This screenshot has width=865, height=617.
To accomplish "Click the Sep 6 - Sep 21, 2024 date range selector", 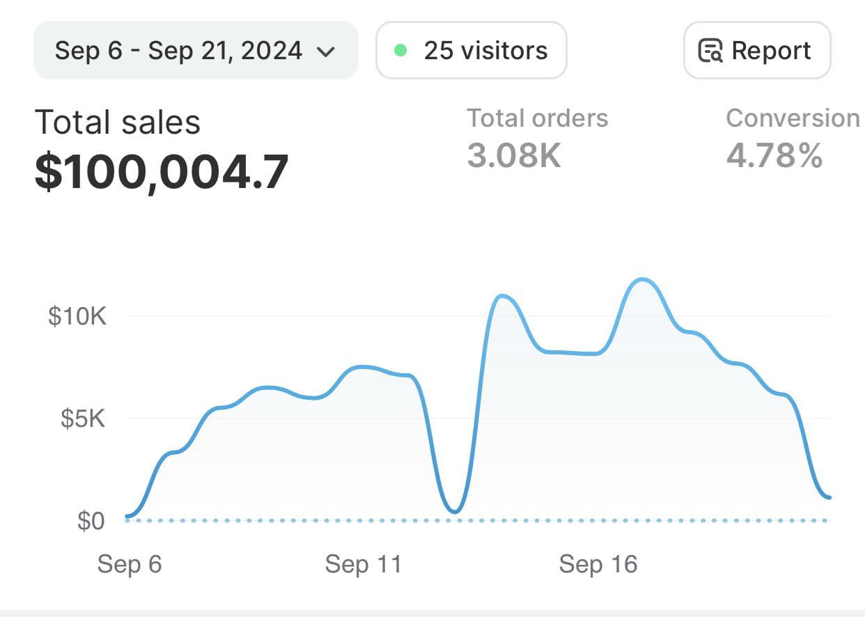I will click(x=195, y=51).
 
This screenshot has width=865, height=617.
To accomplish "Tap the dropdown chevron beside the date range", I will click(x=326, y=52).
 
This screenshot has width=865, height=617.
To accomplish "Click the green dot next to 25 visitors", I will click(x=400, y=51).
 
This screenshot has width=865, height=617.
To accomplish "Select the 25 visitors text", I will click(x=485, y=51).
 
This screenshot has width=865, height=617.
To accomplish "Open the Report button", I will click(x=757, y=51).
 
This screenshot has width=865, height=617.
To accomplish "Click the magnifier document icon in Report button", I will click(x=711, y=52).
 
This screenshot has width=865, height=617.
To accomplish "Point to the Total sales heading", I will click(x=118, y=123).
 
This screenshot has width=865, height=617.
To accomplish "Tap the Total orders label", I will click(x=537, y=118).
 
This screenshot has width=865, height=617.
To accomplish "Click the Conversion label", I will click(x=793, y=118).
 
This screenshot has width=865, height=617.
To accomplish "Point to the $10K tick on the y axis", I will click(x=77, y=317).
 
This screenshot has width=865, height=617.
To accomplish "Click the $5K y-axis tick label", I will click(x=83, y=419).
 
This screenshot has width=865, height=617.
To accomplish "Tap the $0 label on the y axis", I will click(x=91, y=521).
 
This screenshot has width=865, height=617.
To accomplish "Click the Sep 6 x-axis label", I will click(x=130, y=564).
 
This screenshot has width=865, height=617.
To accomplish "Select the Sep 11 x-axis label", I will click(x=364, y=564).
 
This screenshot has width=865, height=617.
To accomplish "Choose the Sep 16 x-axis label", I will click(x=598, y=564).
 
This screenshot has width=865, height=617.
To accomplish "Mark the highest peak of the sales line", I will click(x=642, y=280).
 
